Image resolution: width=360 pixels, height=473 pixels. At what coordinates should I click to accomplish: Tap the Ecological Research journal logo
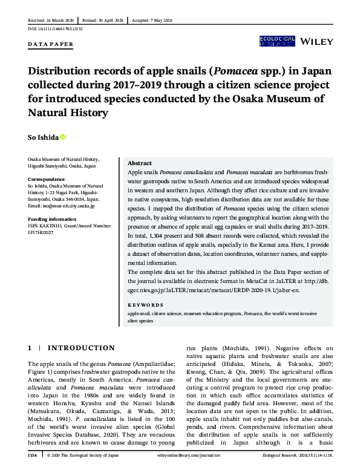coord(277,41)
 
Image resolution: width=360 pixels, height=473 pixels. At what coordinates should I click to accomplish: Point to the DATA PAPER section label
coord(51,45)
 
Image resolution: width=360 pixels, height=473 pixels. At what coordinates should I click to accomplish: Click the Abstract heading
coord(140,163)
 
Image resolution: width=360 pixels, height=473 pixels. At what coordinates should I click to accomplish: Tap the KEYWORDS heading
coord(146,305)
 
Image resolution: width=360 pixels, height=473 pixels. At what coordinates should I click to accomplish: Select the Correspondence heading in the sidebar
coord(47,179)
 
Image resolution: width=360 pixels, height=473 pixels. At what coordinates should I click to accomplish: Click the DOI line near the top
coord(55,29)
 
